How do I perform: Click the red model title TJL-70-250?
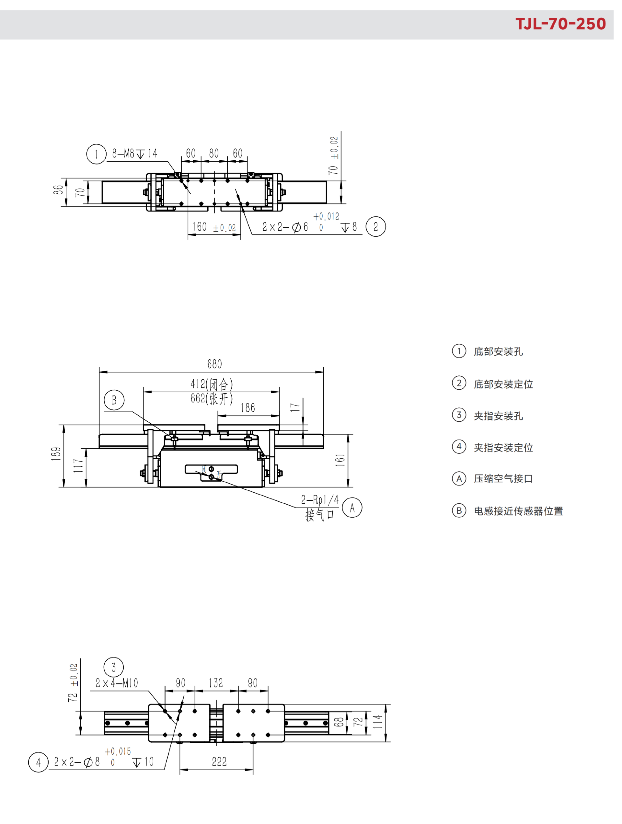[x=560, y=24]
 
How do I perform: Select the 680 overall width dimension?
[x=214, y=364]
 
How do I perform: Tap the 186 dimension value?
[x=248, y=408]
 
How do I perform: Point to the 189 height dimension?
[x=56, y=454]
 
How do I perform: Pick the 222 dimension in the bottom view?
[x=219, y=762]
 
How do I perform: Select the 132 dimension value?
[x=216, y=683]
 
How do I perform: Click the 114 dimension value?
[x=377, y=722]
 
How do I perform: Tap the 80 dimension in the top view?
[x=214, y=154]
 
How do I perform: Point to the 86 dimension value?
[x=58, y=190]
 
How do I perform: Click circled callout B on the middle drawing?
[x=114, y=400]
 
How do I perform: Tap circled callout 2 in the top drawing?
[x=376, y=226]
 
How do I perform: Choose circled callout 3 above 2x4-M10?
[x=114, y=667]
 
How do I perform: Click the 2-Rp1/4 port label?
[x=320, y=499]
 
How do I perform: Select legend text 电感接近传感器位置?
[x=518, y=511]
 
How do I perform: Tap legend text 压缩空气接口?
[x=503, y=479]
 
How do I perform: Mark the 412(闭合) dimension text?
[x=212, y=384]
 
